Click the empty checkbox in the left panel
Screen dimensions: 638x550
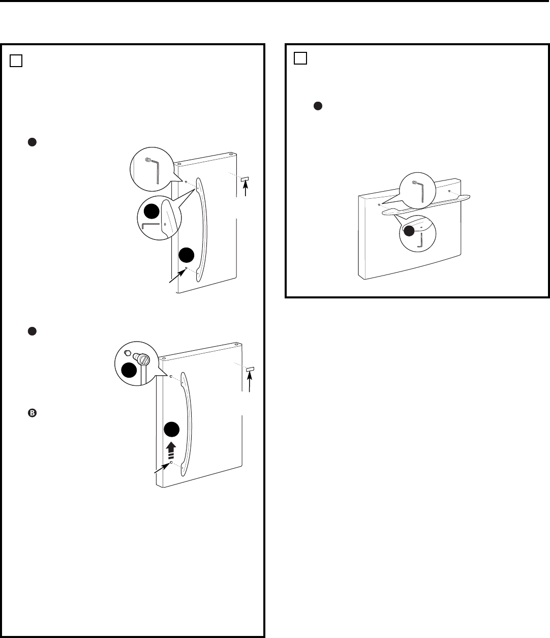[16, 60]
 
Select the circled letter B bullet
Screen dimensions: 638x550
[32, 414]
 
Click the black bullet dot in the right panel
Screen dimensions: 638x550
[317, 106]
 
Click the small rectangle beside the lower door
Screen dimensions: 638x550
[250, 369]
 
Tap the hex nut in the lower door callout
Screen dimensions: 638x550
[128, 352]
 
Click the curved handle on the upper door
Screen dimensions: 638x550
[202, 229]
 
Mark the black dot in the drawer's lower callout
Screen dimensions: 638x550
[408, 231]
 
